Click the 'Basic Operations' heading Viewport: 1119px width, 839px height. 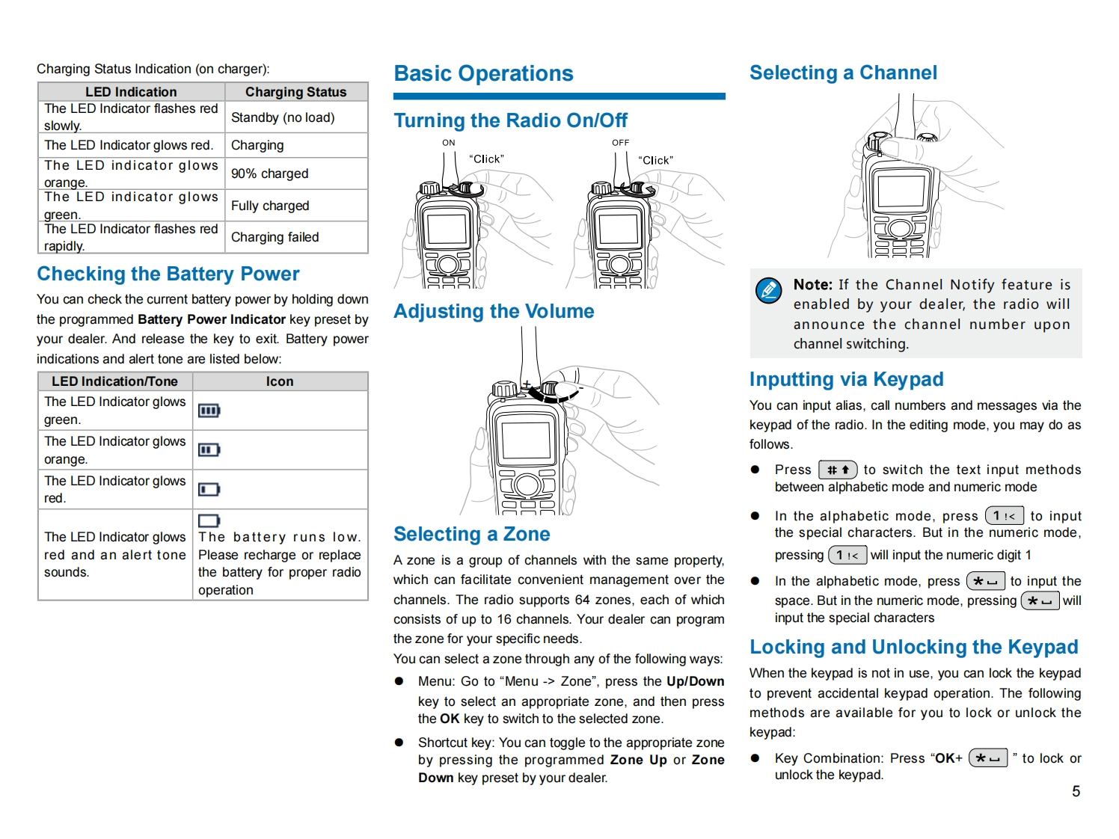[483, 73]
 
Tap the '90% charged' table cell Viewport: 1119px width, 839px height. [269, 173]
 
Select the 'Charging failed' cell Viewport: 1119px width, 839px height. [275, 237]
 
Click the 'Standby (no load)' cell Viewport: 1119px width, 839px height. [283, 117]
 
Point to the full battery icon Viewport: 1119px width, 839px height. [209, 411]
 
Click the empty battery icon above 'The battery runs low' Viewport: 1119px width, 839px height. [209, 520]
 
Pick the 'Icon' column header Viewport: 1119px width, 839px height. [280, 381]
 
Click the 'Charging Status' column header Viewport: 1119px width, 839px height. [295, 92]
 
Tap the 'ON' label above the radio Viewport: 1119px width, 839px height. [449, 143]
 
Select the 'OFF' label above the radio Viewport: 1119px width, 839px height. [621, 143]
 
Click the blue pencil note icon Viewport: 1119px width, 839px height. [768, 289]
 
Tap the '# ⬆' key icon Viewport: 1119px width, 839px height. [838, 470]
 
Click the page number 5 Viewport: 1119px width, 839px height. [1076, 791]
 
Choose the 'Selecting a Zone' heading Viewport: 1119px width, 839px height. [471, 534]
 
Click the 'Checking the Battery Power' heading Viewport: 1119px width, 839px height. [168, 274]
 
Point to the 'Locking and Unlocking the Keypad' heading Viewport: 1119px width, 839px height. [913, 647]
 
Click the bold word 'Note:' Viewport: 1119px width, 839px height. [812, 285]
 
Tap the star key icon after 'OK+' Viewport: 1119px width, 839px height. [987, 758]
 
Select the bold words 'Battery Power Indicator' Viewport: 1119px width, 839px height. [212, 319]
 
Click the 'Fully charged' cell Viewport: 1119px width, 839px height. [270, 206]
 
